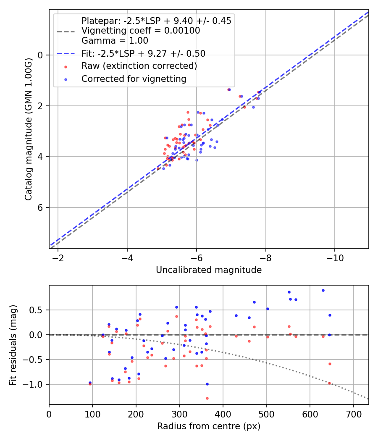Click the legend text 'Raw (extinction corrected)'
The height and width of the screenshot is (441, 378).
tap(139, 66)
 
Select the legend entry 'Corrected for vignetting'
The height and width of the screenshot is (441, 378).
tap(134, 79)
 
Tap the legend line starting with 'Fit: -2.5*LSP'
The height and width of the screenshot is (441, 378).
tap(143, 53)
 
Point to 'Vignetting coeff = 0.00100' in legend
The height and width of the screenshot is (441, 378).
tap(141, 31)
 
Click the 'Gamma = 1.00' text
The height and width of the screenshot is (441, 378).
tap(115, 41)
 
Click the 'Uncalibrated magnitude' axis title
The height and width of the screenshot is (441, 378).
tap(209, 270)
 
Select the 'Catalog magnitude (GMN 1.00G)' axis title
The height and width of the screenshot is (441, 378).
tap(28, 129)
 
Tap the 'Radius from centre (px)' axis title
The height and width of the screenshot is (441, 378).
tap(209, 426)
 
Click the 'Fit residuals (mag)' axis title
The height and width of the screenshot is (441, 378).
tap(13, 345)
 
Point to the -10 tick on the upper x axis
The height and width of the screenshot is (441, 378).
tap(334, 257)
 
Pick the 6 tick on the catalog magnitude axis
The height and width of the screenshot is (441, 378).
tap(41, 207)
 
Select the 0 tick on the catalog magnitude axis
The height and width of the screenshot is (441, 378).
tap(41, 55)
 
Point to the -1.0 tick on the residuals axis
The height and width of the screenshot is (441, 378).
tap(35, 384)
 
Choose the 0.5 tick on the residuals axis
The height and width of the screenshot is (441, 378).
tap(38, 310)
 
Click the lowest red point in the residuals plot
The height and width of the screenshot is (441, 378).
tap(207, 398)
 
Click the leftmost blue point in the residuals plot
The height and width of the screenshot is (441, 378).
tap(90, 383)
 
